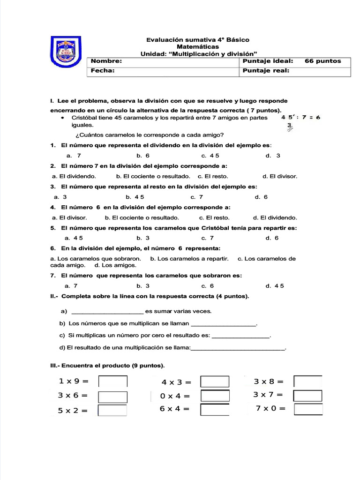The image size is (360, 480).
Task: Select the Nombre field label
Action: coord(106,61)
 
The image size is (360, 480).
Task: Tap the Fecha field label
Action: coord(103,71)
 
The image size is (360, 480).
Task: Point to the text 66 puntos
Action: coord(322,61)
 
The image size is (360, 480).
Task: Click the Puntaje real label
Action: coord(266,71)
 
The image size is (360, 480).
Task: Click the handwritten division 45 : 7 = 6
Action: coord(300,118)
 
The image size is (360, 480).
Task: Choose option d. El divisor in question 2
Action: coord(280,176)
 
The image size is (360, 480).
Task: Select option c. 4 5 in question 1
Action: coord(210,156)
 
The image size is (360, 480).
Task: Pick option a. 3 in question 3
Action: coord(60,197)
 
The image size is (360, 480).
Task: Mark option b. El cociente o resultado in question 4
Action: coord(142,217)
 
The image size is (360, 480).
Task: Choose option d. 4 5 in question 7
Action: coord(275,285)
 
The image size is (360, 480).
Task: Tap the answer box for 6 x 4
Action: coord(215,410)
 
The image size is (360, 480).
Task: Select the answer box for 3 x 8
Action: coord(308,382)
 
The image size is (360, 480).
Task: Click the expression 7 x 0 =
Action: coord(270,408)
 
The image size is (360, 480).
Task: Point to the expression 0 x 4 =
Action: coord(175,396)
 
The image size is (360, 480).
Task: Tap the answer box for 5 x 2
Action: coord(112,411)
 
